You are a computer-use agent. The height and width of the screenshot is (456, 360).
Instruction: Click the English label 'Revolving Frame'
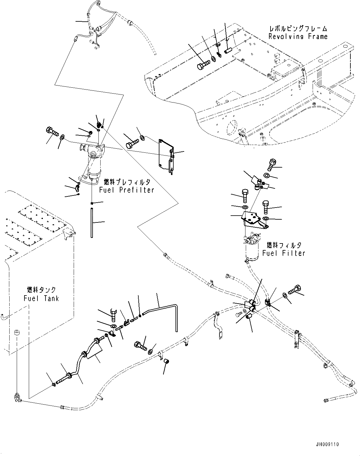(298, 37)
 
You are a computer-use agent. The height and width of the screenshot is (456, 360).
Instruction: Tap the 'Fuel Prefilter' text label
(127, 190)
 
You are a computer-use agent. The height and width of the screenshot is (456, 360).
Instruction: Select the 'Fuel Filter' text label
(284, 253)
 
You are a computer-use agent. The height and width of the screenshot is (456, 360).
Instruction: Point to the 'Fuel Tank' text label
(41, 298)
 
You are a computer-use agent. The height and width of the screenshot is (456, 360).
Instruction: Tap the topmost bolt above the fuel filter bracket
(271, 164)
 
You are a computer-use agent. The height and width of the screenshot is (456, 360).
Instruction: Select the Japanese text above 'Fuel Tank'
(41, 290)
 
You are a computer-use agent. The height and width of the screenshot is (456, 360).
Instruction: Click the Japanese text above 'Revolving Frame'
(298, 29)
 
